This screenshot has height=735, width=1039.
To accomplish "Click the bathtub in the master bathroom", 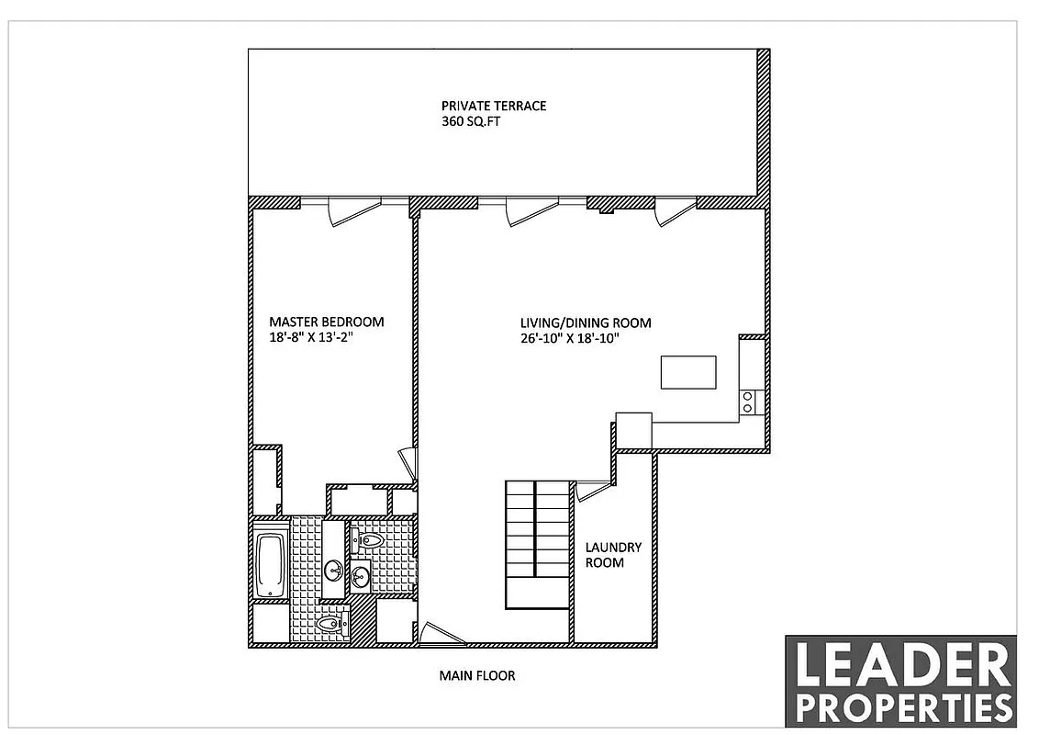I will (x=270, y=563).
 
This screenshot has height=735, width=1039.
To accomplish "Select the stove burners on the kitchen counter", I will (x=748, y=401).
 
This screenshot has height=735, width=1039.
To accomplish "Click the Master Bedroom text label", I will (x=326, y=322).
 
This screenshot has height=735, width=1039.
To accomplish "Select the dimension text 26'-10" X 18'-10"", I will (x=570, y=337).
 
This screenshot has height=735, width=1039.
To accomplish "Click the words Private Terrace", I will (x=493, y=106).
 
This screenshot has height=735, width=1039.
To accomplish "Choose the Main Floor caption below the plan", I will (x=476, y=675).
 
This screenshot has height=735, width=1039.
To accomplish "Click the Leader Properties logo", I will (x=900, y=681).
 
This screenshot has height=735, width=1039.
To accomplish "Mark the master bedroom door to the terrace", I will (x=353, y=210).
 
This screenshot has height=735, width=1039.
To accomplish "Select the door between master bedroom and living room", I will (x=407, y=463).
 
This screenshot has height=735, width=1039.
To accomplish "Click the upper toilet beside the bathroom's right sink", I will (x=371, y=540).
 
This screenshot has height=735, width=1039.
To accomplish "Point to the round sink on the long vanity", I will (x=332, y=568).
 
